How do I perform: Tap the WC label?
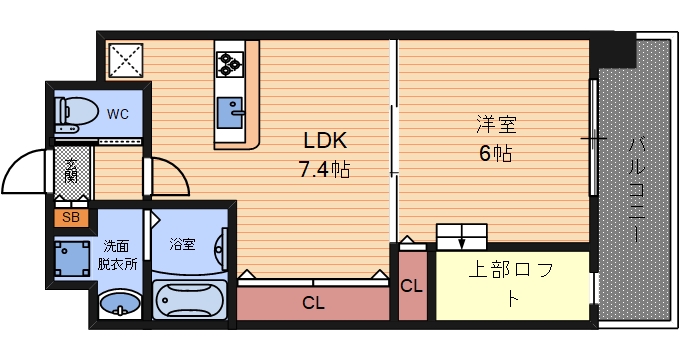coord(119,113)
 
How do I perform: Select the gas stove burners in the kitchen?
coord(230,62)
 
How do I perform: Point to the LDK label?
coord(325,141)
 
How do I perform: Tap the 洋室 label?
coord(495,126)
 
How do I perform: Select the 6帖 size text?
coord(495,153)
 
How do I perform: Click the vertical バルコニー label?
coord(635,190)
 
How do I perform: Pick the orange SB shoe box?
coord(71,216)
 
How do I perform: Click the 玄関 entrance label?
coord(72,171)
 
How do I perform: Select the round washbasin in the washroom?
coord(121,303)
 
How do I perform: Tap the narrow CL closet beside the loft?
coord(411,285)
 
